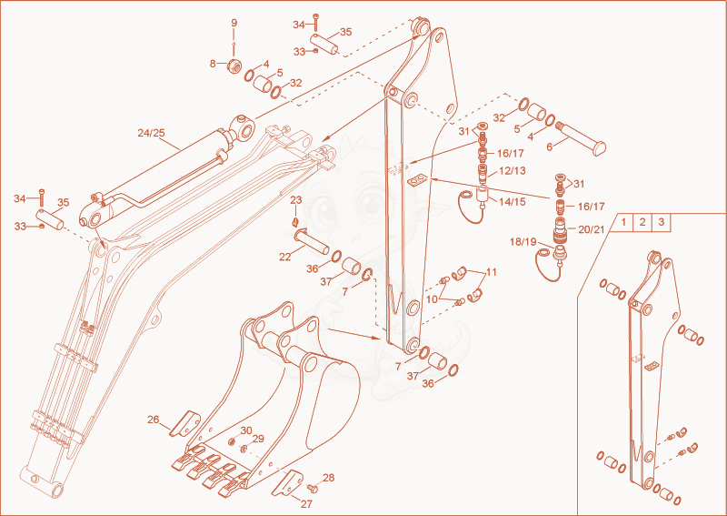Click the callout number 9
point(234,23)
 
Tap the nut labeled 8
point(234,66)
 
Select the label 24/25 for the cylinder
point(151,133)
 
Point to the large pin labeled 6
point(581,138)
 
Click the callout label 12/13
point(513,170)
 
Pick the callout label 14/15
point(513,201)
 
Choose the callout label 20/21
point(592,229)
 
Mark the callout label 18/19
point(523,241)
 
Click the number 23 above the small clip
point(296,200)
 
